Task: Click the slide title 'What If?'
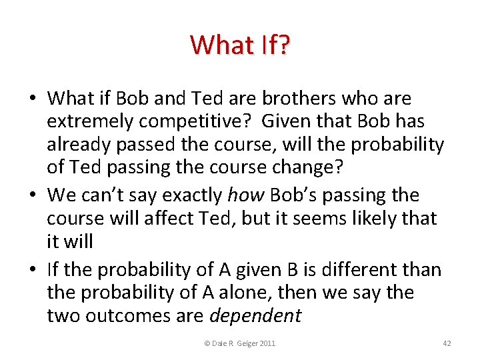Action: [x=240, y=45]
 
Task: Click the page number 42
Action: [x=447, y=343]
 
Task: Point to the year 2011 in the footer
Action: [x=265, y=343]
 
